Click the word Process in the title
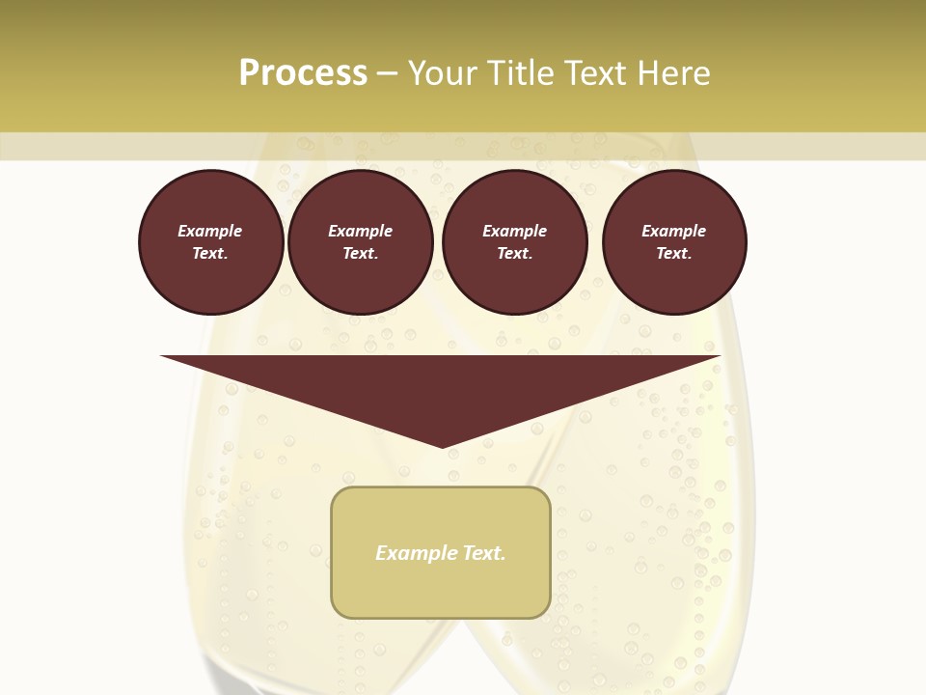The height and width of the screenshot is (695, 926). (303, 73)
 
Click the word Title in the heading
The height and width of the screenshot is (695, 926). (519, 73)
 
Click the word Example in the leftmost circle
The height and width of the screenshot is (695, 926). (210, 231)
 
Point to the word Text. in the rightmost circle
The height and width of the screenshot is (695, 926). (673, 253)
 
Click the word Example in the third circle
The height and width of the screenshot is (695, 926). (514, 231)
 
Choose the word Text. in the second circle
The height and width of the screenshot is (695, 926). (360, 253)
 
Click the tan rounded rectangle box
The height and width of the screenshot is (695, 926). (441, 589)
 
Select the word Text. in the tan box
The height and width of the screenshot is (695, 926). (483, 553)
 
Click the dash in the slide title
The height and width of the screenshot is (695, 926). (387, 73)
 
